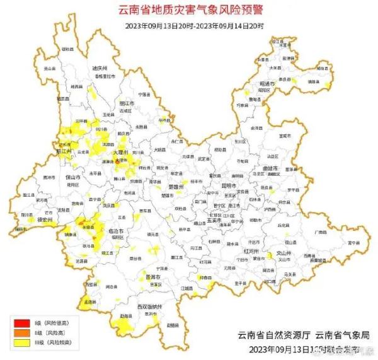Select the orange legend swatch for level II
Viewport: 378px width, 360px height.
(x=18, y=333)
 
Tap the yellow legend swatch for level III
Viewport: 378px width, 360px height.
(x=18, y=342)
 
